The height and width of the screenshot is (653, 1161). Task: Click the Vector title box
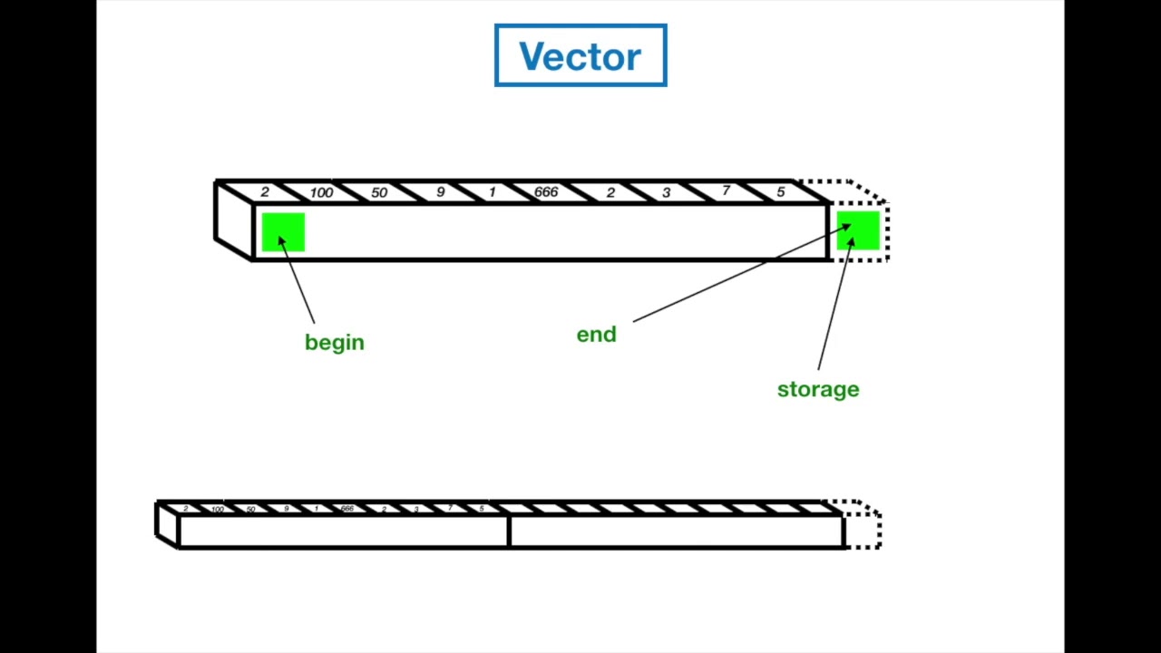(x=580, y=56)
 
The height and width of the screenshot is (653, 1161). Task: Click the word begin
(x=335, y=343)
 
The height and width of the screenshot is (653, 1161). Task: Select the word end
(x=596, y=335)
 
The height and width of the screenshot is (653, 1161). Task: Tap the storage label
(x=818, y=389)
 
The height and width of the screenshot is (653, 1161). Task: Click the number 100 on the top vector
(x=321, y=192)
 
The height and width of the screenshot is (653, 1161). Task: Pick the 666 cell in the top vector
(x=546, y=192)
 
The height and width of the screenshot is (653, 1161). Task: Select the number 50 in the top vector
(x=379, y=192)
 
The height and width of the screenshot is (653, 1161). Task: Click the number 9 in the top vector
(x=440, y=192)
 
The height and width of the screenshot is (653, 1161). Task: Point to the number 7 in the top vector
(x=726, y=190)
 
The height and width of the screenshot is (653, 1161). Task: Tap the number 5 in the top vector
(x=780, y=192)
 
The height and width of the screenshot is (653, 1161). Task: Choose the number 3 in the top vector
(x=666, y=192)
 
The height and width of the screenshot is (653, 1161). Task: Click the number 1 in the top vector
(x=492, y=192)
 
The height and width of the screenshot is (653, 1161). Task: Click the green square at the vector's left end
(x=283, y=232)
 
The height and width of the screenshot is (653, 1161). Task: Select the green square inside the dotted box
(x=858, y=231)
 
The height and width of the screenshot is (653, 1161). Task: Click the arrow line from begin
(x=298, y=281)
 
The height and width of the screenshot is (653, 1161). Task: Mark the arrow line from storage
(x=834, y=304)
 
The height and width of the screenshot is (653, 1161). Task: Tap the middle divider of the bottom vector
(x=510, y=531)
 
